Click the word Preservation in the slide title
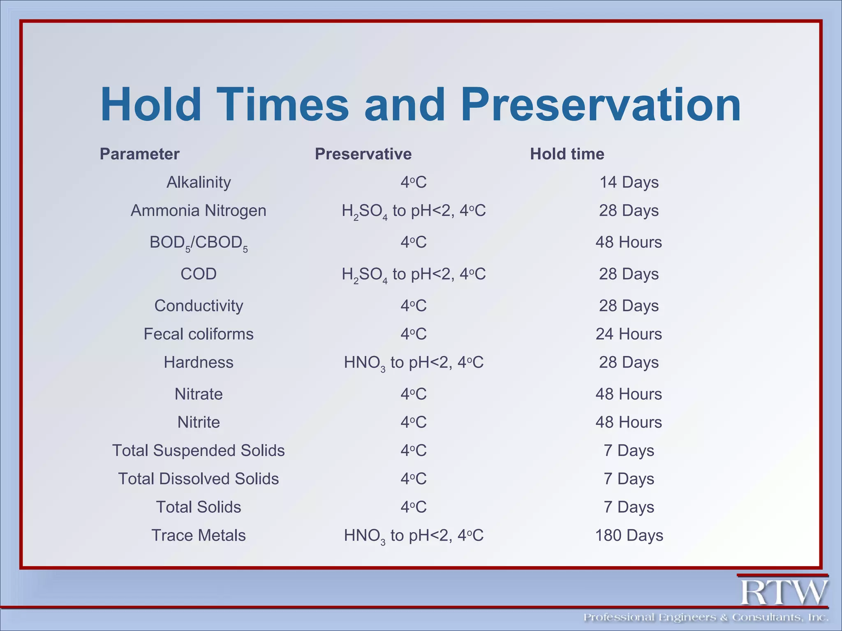(601, 105)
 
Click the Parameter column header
(139, 154)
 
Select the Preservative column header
(363, 154)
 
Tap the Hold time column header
(567, 154)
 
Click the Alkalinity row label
(199, 182)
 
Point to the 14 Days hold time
(629, 182)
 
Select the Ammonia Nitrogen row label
(199, 210)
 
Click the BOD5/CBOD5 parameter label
(199, 242)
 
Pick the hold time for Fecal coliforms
(629, 334)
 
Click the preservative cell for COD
(414, 274)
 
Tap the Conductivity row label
(199, 306)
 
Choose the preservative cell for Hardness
(414, 362)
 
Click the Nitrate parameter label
(199, 394)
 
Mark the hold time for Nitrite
(629, 422)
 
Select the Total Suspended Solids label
(199, 451)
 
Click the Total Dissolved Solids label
(199, 479)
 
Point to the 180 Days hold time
(629, 536)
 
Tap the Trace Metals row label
(199, 536)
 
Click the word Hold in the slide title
(151, 105)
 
